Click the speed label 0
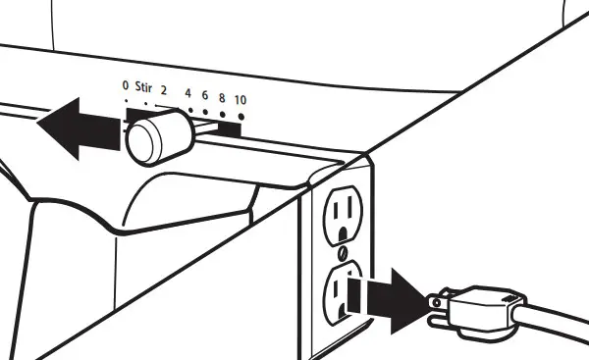click(126, 87)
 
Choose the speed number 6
click(205, 96)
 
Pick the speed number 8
click(222, 98)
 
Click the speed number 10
click(240, 102)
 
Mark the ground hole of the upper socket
click(341, 235)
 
